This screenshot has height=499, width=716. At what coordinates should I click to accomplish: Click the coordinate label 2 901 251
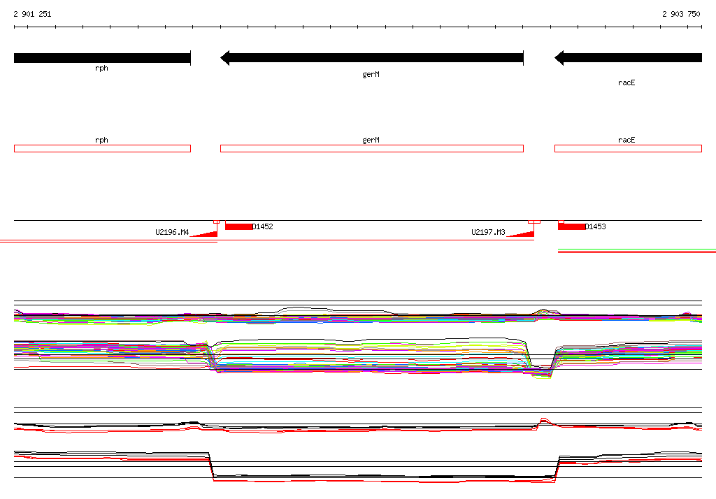click(x=32, y=14)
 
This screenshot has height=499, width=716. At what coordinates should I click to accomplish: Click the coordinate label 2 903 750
click(x=681, y=14)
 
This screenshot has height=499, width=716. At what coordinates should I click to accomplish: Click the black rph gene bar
click(x=102, y=58)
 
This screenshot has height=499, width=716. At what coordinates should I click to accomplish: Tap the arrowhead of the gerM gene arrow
click(x=224, y=58)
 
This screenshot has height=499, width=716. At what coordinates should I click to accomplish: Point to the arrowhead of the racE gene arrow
click(x=559, y=58)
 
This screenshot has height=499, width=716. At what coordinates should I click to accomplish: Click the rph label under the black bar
click(x=101, y=68)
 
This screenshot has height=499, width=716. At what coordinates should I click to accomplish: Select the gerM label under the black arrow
click(x=371, y=74)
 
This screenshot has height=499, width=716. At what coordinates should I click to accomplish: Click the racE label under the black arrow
click(x=626, y=82)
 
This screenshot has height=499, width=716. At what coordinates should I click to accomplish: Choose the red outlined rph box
click(x=102, y=148)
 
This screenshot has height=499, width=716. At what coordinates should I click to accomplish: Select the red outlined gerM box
click(x=372, y=148)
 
